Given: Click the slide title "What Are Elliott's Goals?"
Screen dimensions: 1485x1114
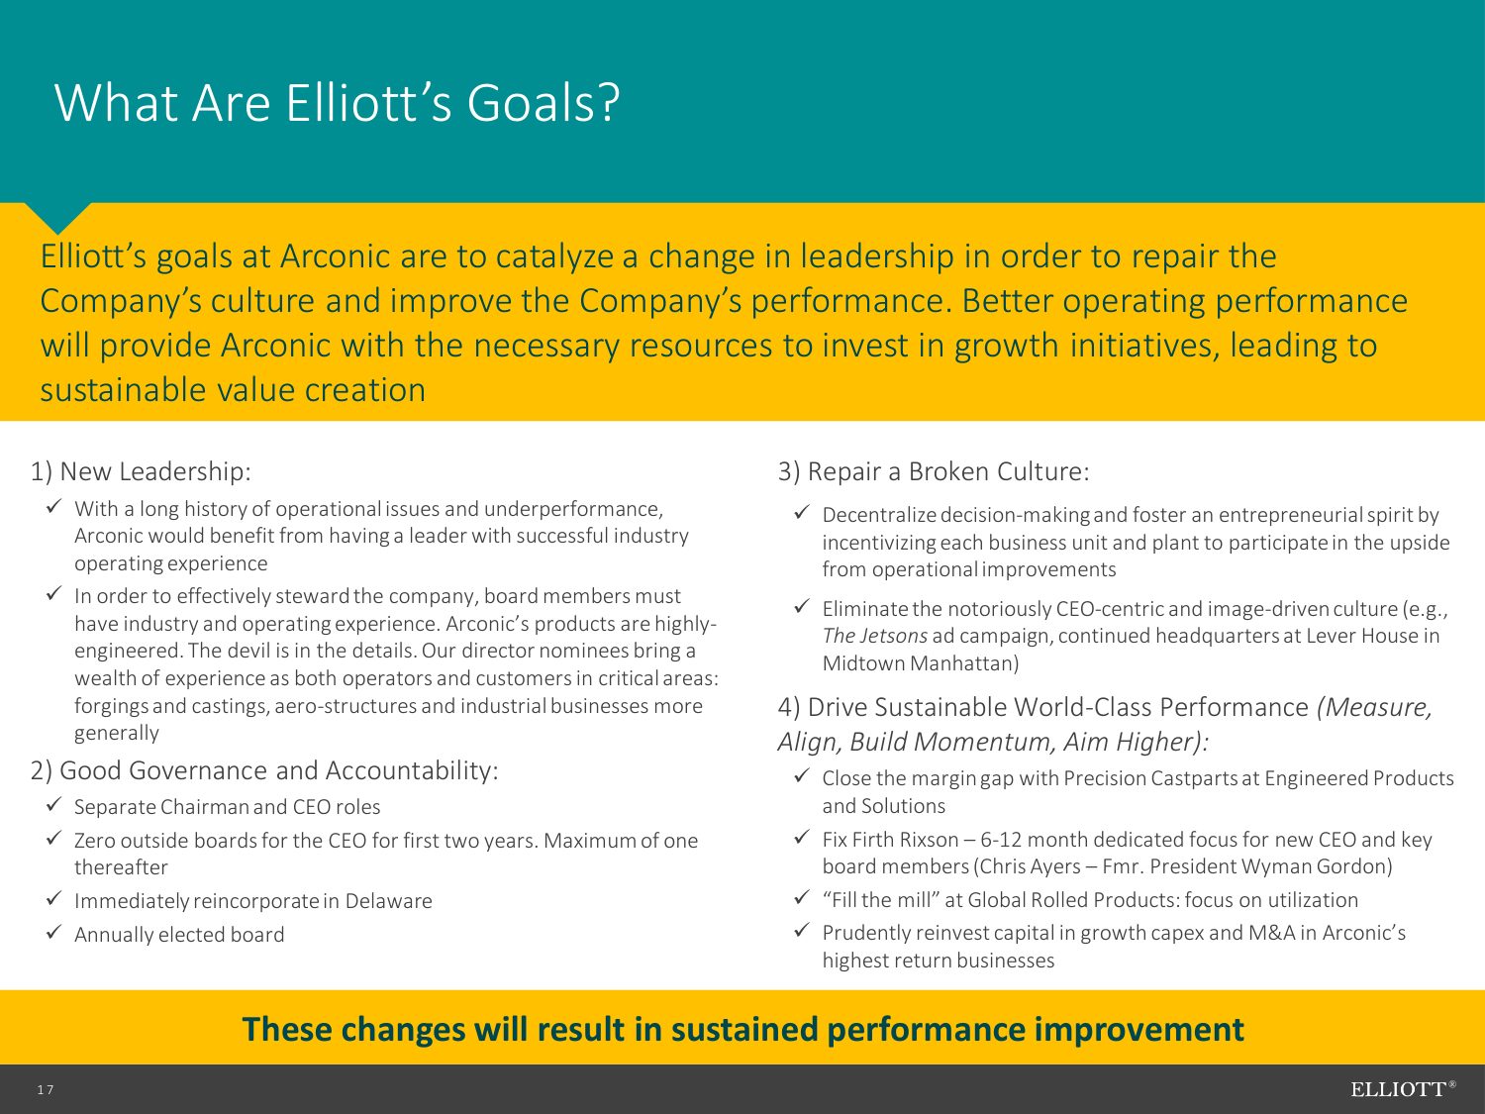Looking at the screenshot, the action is [x=337, y=103].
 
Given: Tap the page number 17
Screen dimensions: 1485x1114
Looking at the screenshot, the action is [x=46, y=1089].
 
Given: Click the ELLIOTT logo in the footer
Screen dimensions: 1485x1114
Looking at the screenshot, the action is [x=1403, y=1089].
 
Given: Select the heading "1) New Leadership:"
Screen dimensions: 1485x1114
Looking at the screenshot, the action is [x=141, y=471].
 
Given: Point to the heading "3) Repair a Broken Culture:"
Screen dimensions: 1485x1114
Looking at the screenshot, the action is [x=934, y=471].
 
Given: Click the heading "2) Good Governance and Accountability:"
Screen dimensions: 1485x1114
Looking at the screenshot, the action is [x=264, y=770].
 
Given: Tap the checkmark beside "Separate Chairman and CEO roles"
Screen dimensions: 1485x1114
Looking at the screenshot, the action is [x=54, y=804].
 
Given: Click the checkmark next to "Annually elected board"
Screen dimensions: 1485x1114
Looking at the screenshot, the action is [x=54, y=932].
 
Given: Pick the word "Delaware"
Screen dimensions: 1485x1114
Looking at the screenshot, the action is [x=388, y=901].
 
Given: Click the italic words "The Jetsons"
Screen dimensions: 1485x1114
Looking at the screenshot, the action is [x=875, y=636].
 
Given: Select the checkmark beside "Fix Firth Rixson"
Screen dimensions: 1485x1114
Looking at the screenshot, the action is [x=802, y=837].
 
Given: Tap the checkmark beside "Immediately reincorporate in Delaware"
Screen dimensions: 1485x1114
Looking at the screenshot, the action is [x=54, y=898].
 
